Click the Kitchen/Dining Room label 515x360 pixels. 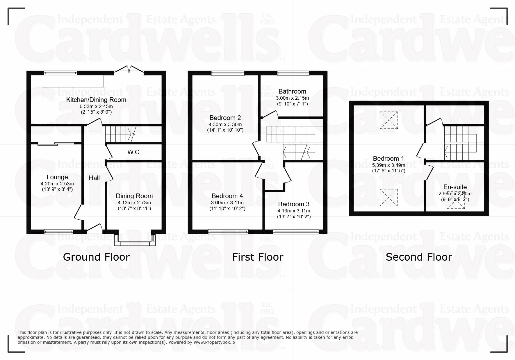(x=96, y=100)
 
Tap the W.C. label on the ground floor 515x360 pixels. (x=134, y=152)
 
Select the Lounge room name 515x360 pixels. (x=57, y=177)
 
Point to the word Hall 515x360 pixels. (x=94, y=178)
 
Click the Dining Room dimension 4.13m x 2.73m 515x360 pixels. (x=134, y=203)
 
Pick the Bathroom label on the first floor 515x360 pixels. (x=292, y=92)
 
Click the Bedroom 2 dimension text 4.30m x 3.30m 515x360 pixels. (x=225, y=124)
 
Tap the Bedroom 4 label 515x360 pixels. (x=227, y=196)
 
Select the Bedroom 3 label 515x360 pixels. (x=294, y=204)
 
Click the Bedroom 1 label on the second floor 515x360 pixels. (x=389, y=159)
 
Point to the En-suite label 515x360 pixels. (x=455, y=187)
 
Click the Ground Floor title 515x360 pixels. (x=96, y=257)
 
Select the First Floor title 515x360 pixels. (x=258, y=257)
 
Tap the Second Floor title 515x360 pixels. (x=419, y=257)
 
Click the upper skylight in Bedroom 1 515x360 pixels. (x=389, y=120)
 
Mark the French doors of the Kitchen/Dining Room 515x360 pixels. (x=129, y=70)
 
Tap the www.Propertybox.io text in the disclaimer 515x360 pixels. (x=214, y=342)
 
